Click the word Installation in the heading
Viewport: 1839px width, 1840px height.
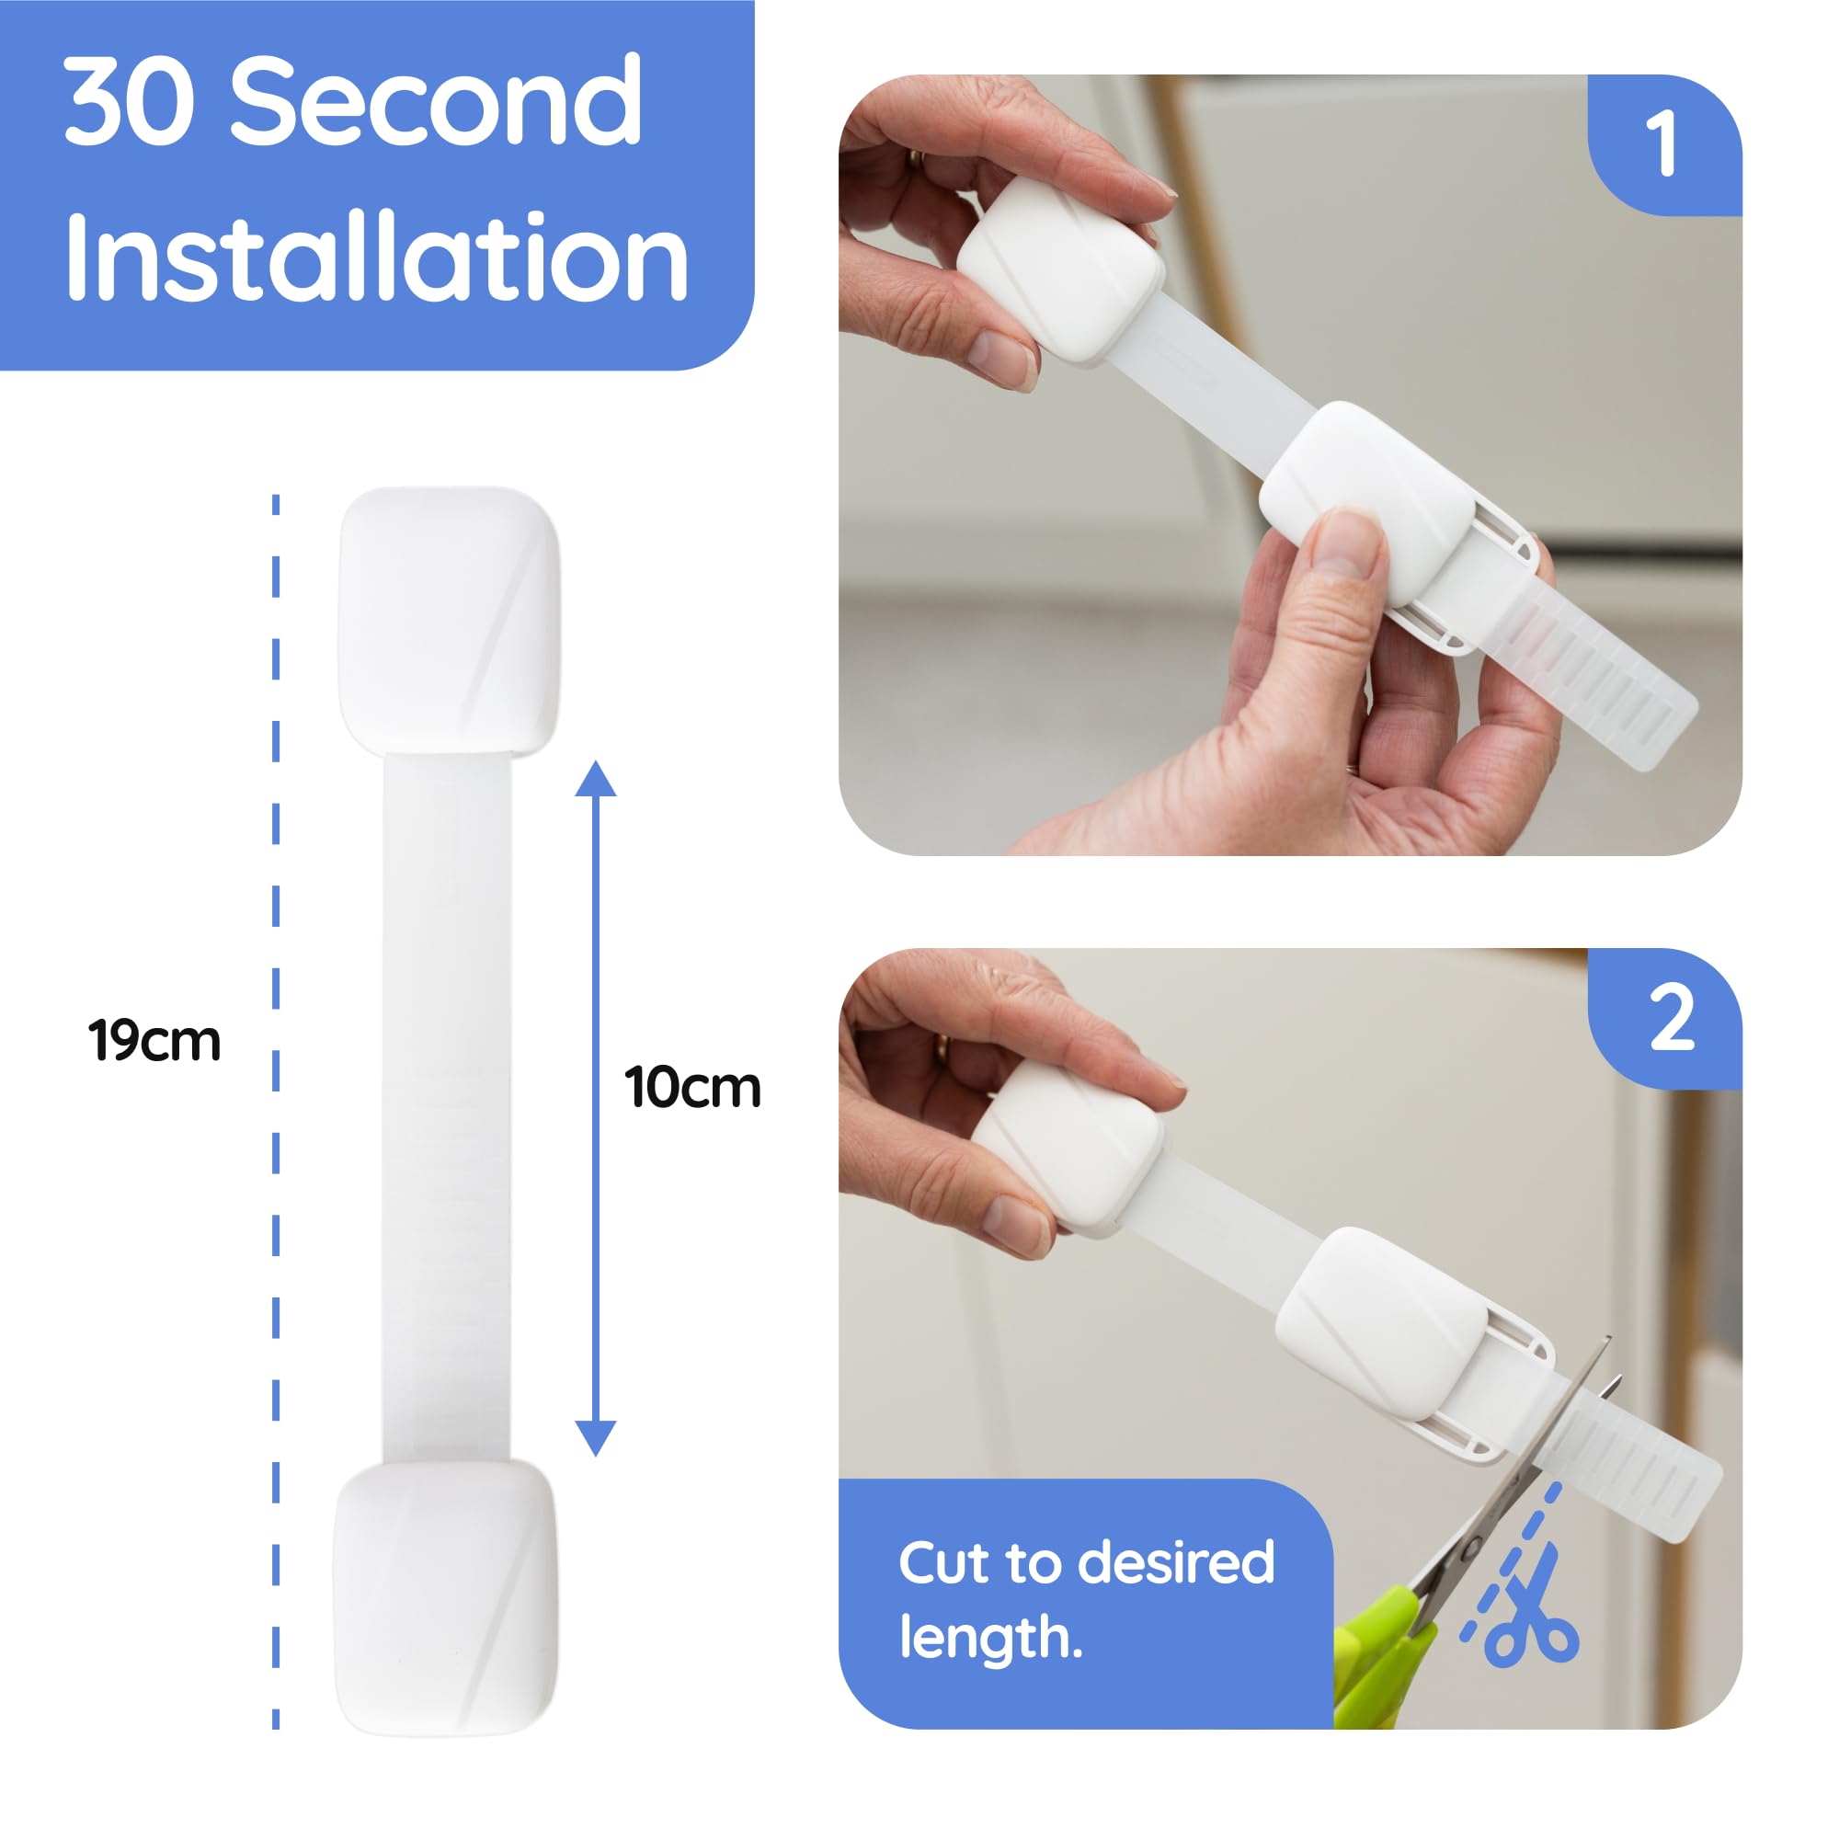376,257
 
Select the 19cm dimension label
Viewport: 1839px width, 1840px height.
154,1040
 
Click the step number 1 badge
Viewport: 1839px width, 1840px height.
1661,143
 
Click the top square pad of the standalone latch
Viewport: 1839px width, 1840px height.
449,619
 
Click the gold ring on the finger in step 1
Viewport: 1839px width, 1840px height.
915,160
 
